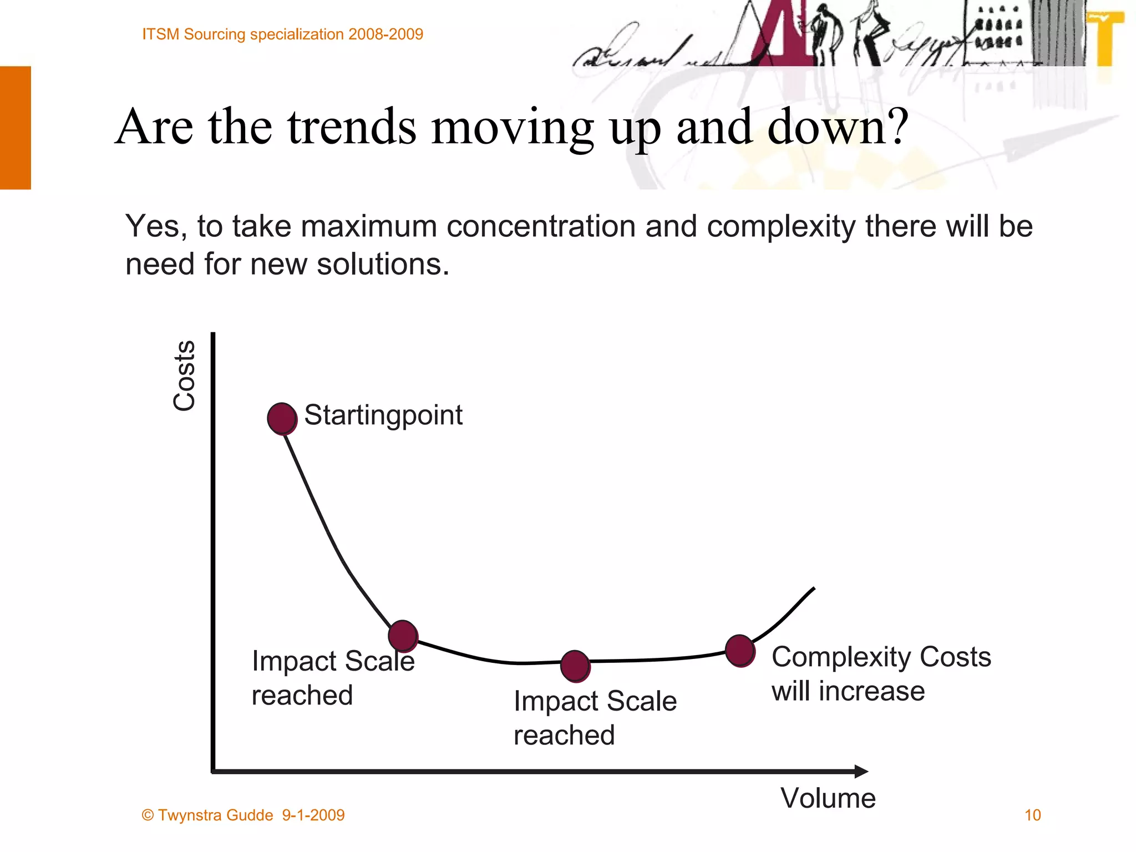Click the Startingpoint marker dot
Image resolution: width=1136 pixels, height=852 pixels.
282,419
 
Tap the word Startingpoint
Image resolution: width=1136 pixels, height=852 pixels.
383,415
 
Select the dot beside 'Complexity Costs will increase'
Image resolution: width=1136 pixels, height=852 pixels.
740,651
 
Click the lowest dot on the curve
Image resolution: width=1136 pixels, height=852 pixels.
575,666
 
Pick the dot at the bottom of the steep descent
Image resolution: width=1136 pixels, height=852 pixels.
403,636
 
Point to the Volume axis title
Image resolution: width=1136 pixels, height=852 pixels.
828,798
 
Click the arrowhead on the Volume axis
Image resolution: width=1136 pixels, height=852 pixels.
861,771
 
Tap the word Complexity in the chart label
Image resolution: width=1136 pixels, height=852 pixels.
841,657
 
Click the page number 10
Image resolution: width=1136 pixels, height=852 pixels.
1032,815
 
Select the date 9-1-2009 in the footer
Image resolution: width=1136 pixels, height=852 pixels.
313,815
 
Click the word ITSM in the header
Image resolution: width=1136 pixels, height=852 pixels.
161,34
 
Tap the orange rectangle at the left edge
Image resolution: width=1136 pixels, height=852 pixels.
16,128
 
